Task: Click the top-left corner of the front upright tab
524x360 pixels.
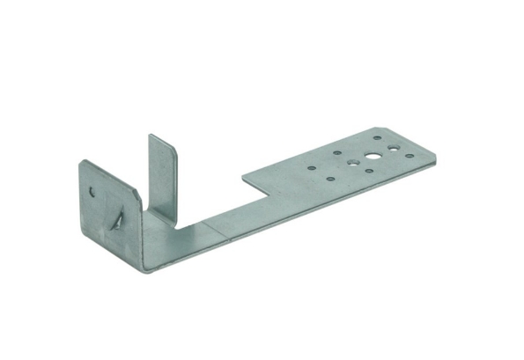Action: point(81,161)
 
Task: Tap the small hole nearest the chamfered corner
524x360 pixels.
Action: point(377,138)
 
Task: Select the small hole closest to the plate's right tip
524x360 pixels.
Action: point(410,156)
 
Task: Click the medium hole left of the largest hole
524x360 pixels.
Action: point(351,163)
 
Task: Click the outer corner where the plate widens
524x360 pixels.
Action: point(243,173)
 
